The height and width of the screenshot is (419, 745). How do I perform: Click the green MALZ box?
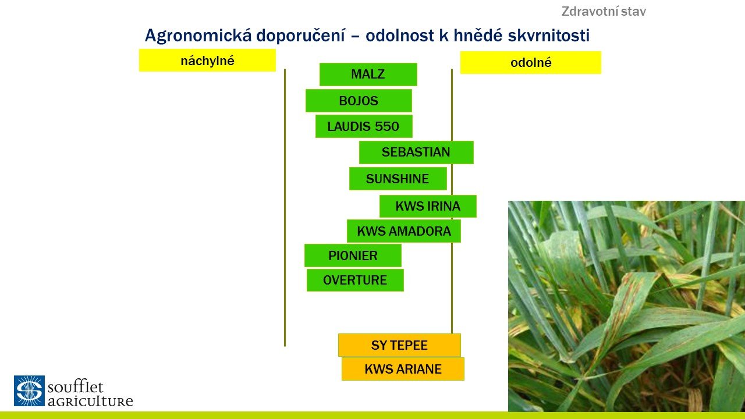tap(368, 74)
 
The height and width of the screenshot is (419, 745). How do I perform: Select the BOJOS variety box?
tap(359, 101)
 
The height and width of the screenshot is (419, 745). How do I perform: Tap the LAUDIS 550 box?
tap(364, 126)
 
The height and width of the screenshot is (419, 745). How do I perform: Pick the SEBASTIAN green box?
tap(416, 152)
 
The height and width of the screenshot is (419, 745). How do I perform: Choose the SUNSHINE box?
tap(398, 179)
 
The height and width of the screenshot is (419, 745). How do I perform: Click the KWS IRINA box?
tap(428, 206)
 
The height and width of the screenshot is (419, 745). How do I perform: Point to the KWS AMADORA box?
tap(404, 231)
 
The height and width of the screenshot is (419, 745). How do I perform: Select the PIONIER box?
tap(353, 255)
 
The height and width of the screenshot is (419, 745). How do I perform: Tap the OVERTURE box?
tap(355, 280)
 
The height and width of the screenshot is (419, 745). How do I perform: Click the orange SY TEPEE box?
tap(399, 345)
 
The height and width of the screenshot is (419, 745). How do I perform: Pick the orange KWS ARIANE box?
tap(403, 369)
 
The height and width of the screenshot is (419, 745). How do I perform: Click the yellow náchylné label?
tap(207, 60)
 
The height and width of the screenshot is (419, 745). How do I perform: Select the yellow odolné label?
tap(531, 62)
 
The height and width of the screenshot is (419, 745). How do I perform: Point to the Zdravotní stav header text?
tap(604, 11)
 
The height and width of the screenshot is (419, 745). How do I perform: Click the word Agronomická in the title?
tap(198, 35)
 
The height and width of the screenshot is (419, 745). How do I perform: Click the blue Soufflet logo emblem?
tap(29, 390)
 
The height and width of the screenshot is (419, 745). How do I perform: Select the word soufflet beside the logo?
tap(76, 387)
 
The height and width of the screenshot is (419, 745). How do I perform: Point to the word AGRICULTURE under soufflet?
tap(90, 402)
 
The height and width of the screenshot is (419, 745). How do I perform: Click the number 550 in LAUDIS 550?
tap(387, 126)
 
